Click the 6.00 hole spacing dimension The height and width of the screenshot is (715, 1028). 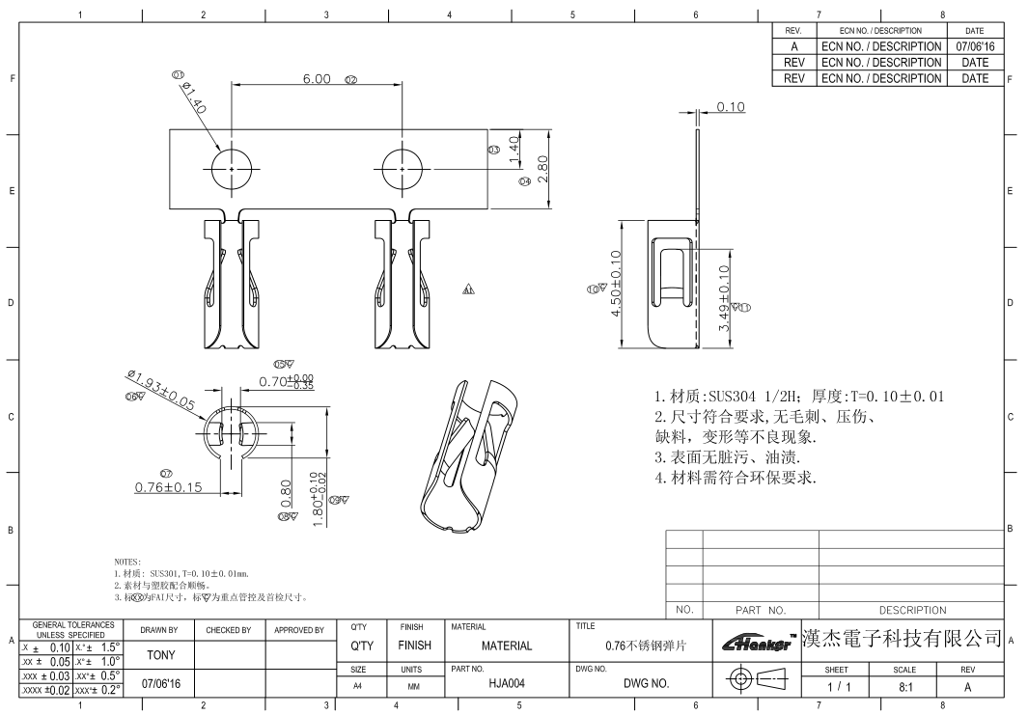pyautogui.click(x=317, y=78)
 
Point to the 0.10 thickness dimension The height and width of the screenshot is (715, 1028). pyautogui.click(x=731, y=107)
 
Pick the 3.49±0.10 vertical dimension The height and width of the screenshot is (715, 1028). pyautogui.click(x=724, y=299)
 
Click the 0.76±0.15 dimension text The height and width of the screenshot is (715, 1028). pyautogui.click(x=168, y=487)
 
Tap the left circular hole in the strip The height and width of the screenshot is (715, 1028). pyautogui.click(x=232, y=169)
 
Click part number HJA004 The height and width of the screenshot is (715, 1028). pyautogui.click(x=506, y=683)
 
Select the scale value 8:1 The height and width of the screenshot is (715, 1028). pyautogui.click(x=904, y=686)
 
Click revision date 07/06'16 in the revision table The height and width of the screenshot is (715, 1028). pyautogui.click(x=975, y=46)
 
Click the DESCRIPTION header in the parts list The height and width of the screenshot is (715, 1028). pyautogui.click(x=912, y=610)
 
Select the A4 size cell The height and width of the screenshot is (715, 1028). pyautogui.click(x=357, y=683)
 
